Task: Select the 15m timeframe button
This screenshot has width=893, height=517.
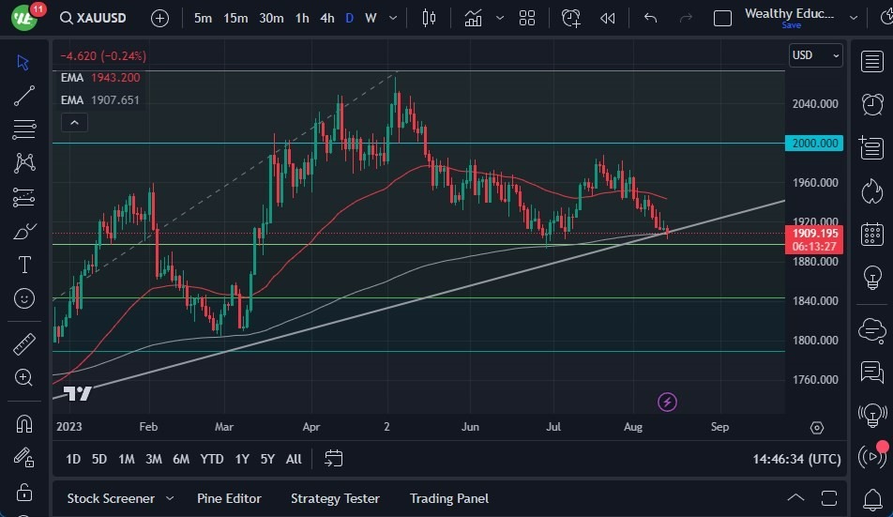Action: [x=235, y=18]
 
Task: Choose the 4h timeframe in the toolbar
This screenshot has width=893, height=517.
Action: [x=326, y=18]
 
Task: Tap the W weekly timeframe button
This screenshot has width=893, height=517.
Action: [x=371, y=18]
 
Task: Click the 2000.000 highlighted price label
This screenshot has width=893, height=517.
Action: [x=815, y=144]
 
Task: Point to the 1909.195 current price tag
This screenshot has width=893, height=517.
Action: [x=815, y=233]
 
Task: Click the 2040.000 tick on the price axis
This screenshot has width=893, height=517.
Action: [x=815, y=104]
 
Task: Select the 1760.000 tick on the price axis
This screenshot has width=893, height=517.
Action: [x=815, y=380]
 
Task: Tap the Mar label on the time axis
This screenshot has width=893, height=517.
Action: [x=223, y=427]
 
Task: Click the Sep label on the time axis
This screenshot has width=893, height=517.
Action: [x=719, y=427]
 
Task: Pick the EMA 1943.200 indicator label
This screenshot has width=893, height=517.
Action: [x=100, y=78]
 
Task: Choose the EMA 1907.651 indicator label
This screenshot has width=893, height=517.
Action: [x=100, y=100]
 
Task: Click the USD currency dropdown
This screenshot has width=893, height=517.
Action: [x=815, y=55]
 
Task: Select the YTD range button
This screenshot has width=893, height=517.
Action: [x=212, y=459]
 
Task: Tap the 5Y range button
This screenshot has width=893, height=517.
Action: [x=267, y=459]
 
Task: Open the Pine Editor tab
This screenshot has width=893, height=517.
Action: [x=229, y=498]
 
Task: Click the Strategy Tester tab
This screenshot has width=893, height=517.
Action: [x=335, y=498]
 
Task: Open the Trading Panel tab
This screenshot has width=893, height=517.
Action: [x=448, y=498]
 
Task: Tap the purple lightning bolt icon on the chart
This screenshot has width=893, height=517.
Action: [x=667, y=403]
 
